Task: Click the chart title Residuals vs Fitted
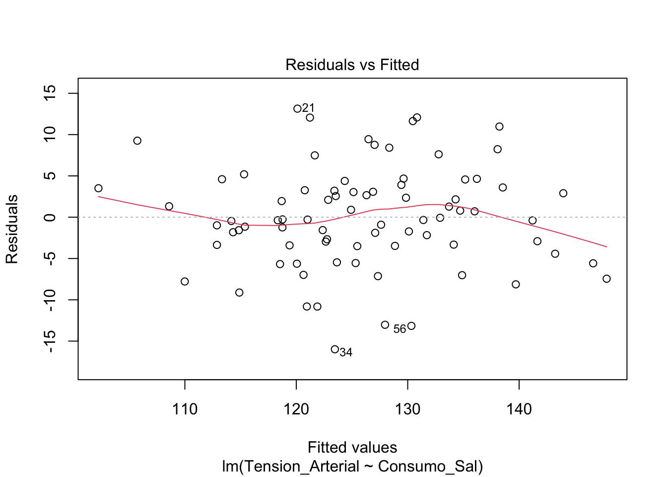(352, 65)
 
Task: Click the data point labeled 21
(297, 109)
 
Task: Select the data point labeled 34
(335, 349)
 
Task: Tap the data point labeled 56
(411, 326)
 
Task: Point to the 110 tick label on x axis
(185, 410)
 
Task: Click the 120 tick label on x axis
(296, 410)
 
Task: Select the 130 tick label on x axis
(407, 410)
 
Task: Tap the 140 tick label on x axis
(519, 410)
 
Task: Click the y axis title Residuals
(12, 229)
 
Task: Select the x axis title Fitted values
(352, 447)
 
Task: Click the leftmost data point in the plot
(98, 188)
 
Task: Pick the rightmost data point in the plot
(606, 279)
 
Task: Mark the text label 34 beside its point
(346, 353)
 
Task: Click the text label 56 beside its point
(400, 329)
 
